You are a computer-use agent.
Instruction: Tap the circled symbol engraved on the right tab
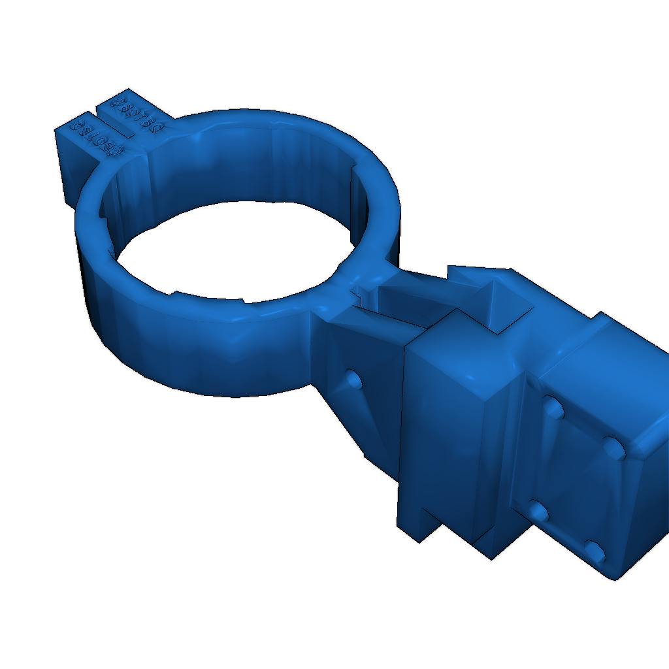click(x=118, y=103)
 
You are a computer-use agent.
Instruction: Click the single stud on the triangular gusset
click(x=353, y=379)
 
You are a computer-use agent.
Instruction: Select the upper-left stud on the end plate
click(x=553, y=409)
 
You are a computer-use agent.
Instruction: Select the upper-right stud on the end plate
click(x=614, y=447)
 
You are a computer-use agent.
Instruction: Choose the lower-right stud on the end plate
click(x=595, y=552)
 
